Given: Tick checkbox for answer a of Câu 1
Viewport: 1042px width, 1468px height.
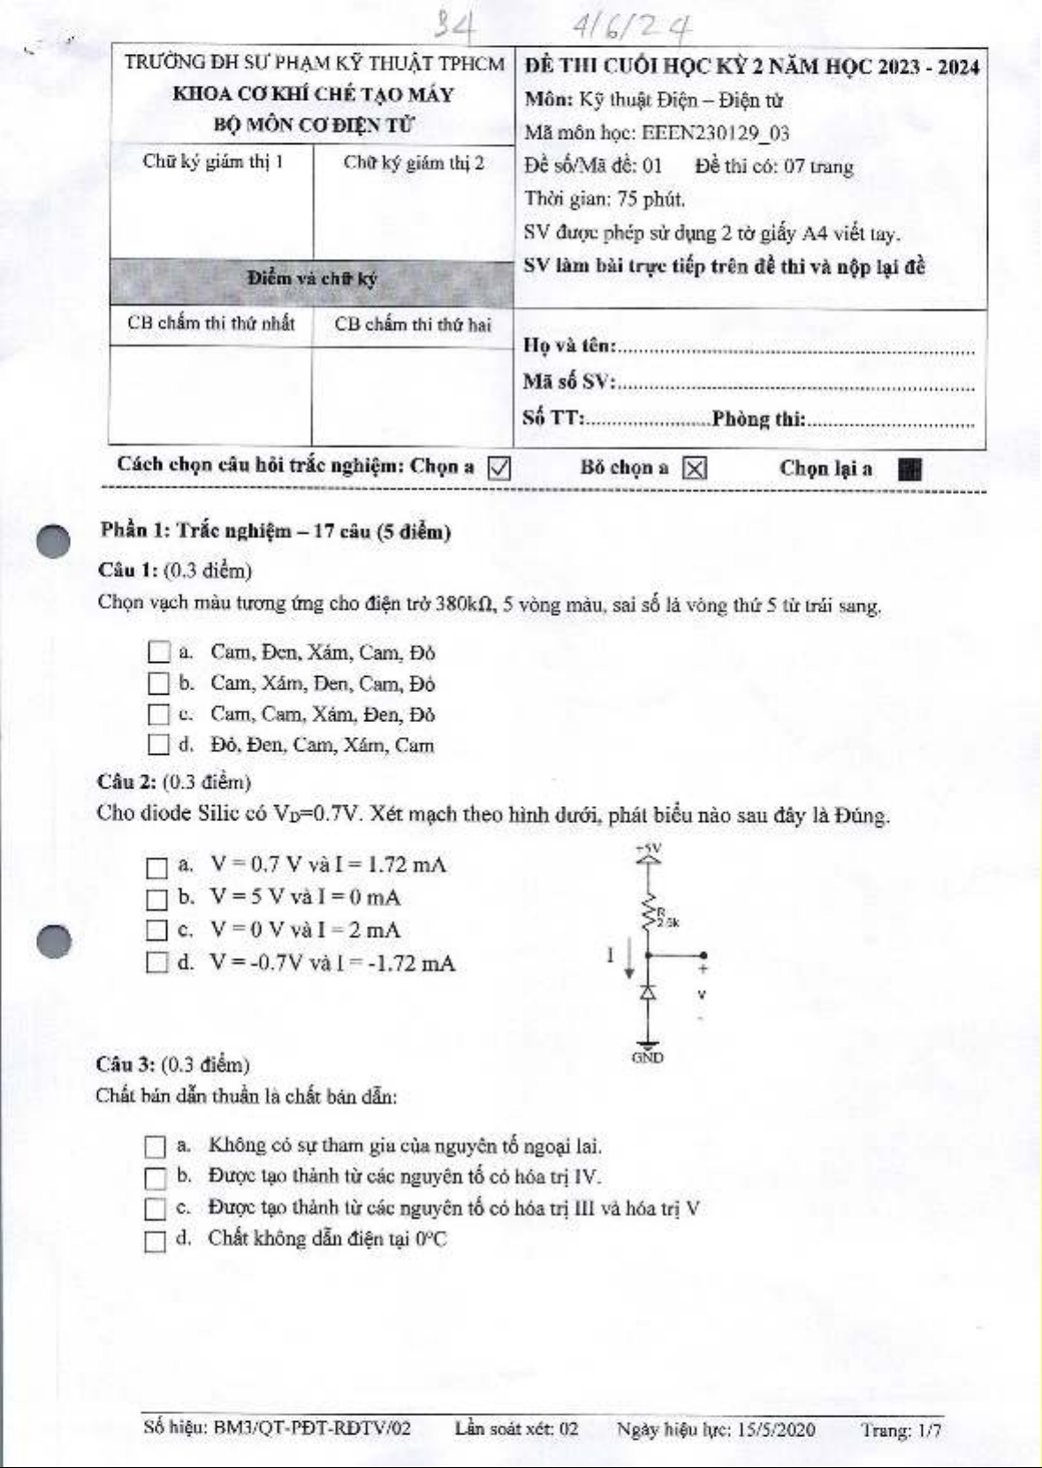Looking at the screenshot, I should (159, 652).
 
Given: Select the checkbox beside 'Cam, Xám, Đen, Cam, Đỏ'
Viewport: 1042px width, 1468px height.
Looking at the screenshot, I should (159, 683).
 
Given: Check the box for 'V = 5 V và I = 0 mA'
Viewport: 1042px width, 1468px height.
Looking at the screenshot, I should (156, 899).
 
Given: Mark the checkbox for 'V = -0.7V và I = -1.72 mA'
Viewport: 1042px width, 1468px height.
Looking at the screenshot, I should (156, 962).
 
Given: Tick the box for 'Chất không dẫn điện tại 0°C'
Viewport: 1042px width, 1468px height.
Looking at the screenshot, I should (155, 1241).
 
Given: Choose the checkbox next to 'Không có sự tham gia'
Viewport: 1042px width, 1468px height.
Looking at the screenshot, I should (155, 1146).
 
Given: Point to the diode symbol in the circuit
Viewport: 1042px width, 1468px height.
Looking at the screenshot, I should (648, 993).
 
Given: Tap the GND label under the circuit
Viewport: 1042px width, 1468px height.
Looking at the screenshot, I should (648, 1057).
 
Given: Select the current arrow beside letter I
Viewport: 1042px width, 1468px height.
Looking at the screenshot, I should (629, 960).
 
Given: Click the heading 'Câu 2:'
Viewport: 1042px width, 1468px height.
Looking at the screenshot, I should (126, 782).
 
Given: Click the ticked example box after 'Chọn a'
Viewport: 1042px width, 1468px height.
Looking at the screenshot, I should (499, 468).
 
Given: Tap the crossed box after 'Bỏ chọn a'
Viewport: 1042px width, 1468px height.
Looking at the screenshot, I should (696, 468).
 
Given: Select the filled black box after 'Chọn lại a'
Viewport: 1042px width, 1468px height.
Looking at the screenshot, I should (909, 469).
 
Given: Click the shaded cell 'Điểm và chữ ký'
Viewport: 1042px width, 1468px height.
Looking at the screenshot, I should (312, 279).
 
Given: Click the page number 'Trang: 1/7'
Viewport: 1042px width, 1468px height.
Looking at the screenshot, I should (901, 1430).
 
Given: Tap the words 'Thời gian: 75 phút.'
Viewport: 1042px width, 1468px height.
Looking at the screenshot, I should (605, 200).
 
